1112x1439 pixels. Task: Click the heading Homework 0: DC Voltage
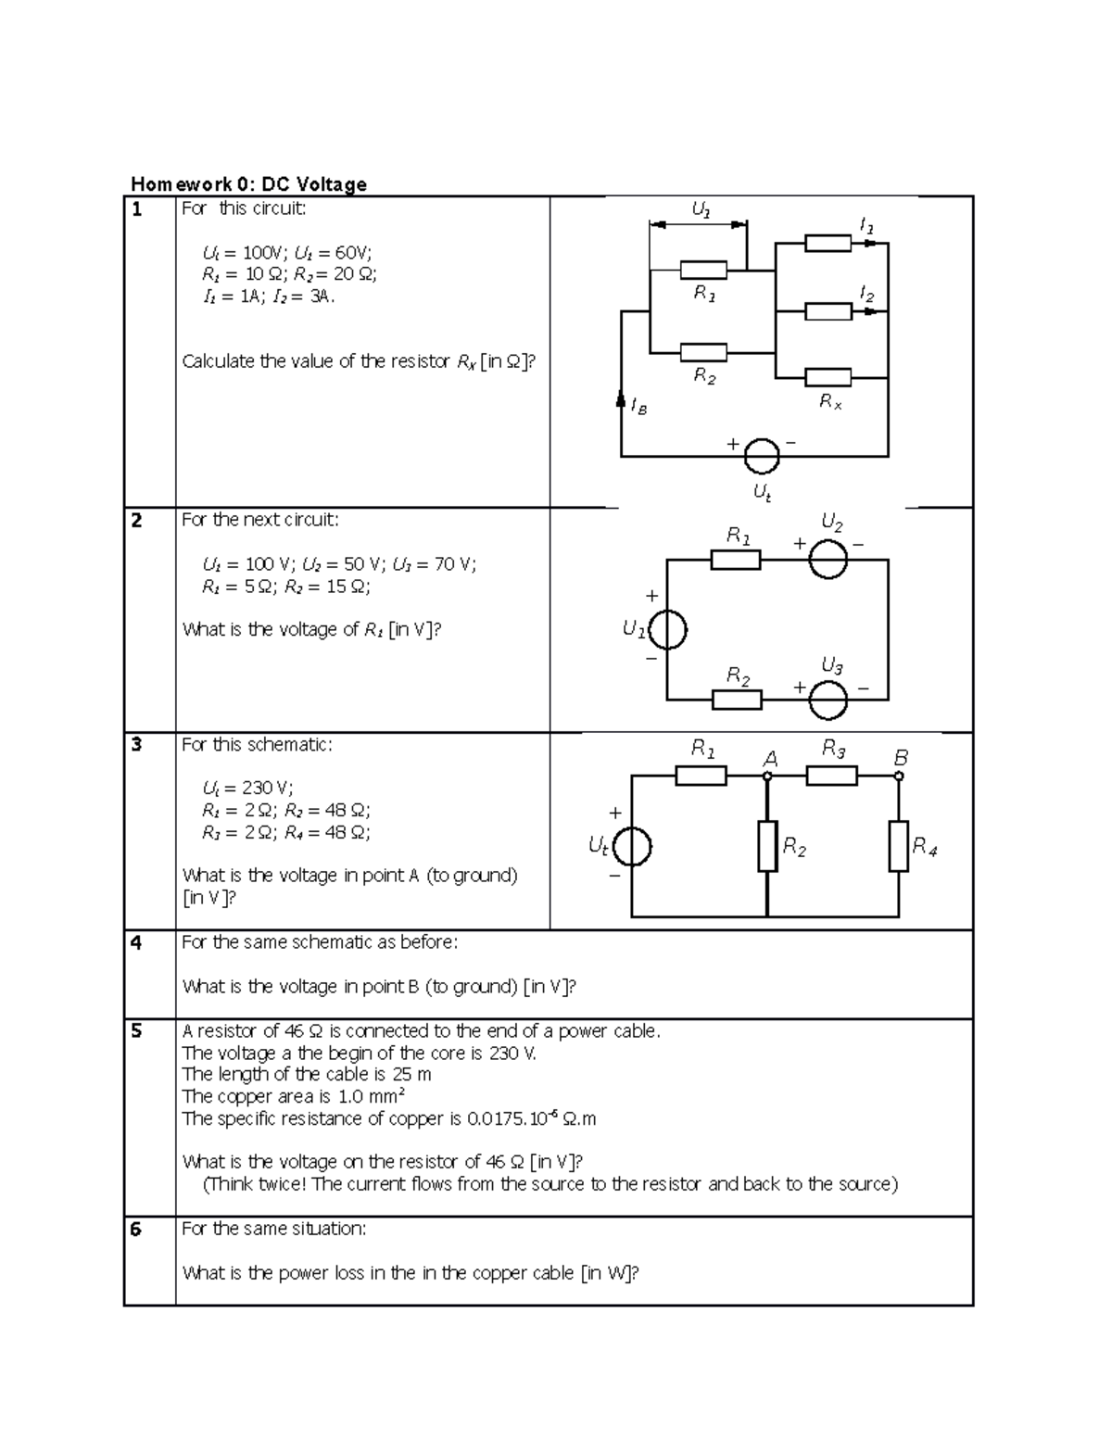(248, 184)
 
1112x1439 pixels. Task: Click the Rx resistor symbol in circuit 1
(828, 377)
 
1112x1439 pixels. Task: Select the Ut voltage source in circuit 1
(761, 456)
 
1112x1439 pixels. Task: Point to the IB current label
(638, 406)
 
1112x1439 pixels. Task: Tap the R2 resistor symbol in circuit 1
(703, 352)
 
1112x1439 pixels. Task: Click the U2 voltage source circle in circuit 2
(828, 560)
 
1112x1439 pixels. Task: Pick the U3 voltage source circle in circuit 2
(828, 700)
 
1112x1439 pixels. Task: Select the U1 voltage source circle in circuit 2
(667, 631)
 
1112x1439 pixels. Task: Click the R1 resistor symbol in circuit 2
(736, 560)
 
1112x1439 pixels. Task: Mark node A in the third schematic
(767, 776)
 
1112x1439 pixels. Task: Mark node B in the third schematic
(898, 776)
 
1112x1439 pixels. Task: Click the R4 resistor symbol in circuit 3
(898, 846)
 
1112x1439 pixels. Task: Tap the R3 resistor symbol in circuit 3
(831, 776)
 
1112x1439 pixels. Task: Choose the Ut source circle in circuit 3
(632, 846)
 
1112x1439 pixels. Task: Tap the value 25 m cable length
(411, 1075)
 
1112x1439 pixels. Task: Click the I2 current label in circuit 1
(866, 295)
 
